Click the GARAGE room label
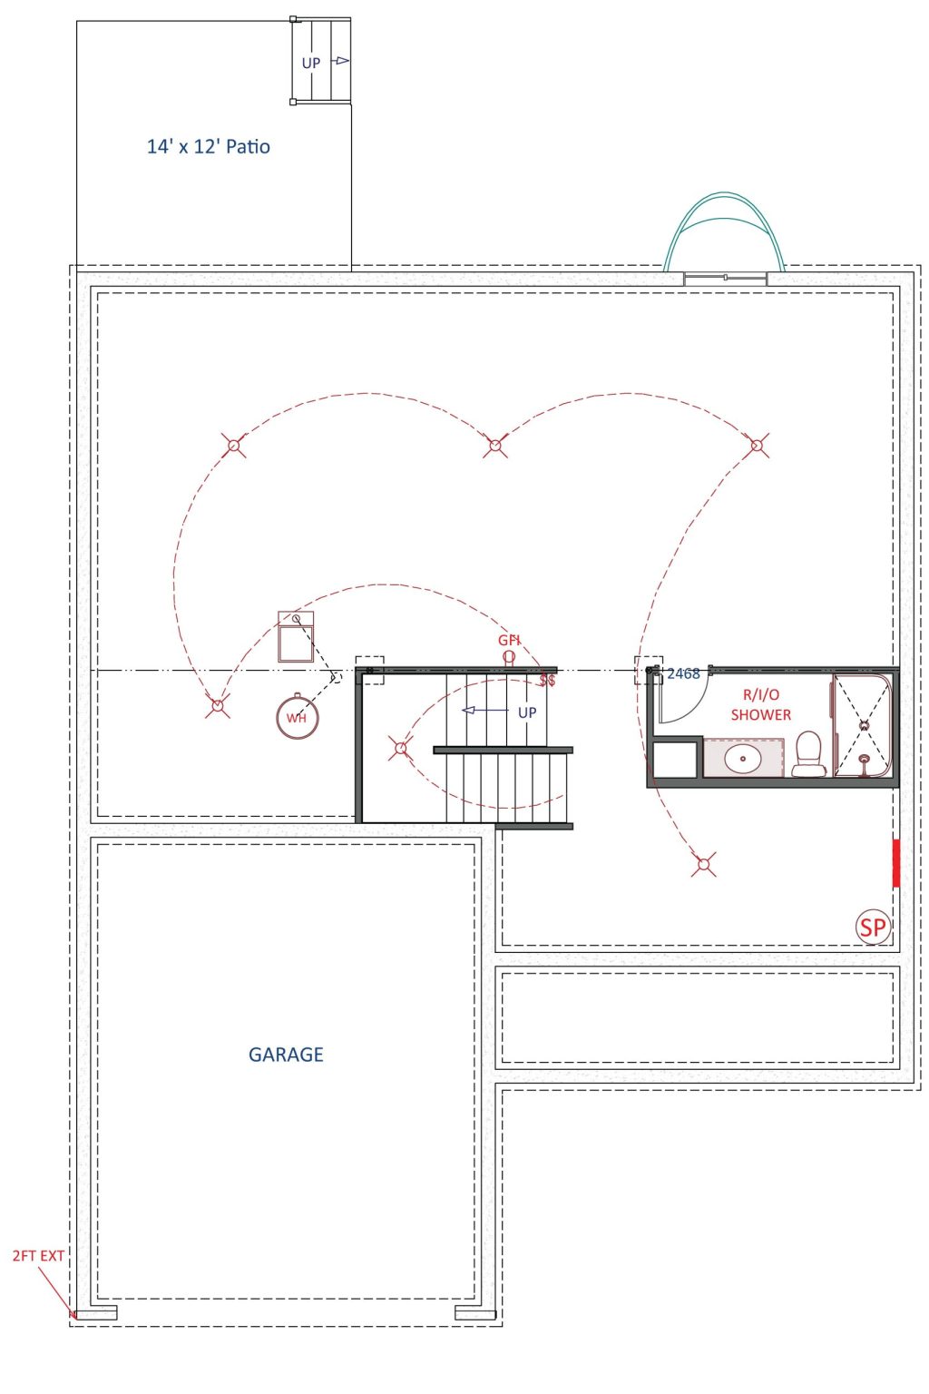point(286,1055)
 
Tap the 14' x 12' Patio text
point(208,146)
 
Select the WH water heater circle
point(297,718)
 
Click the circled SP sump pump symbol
point(873,928)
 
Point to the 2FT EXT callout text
point(38,1256)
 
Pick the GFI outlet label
point(508,640)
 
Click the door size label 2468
point(682,673)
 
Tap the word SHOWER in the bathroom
point(760,714)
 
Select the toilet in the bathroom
point(808,753)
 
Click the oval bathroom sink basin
point(742,759)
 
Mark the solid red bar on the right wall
point(895,862)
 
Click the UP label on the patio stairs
point(310,63)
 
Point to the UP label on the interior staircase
point(526,712)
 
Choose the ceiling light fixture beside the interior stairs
point(401,748)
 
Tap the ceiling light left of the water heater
point(217,706)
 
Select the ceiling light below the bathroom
point(703,864)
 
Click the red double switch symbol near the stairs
point(547,680)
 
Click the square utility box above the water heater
point(296,636)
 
